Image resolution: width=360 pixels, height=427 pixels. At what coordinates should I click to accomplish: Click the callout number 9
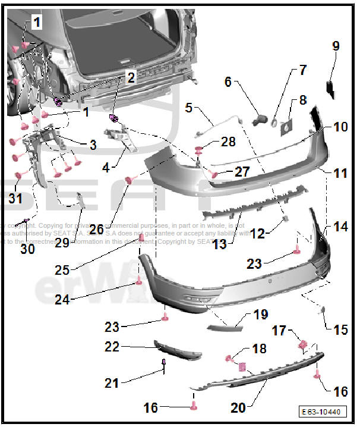(336, 45)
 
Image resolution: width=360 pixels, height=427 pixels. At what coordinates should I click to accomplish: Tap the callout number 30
(27, 250)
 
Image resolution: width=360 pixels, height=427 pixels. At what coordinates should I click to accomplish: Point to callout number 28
(228, 142)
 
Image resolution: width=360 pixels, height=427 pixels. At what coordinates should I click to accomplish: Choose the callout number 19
(261, 314)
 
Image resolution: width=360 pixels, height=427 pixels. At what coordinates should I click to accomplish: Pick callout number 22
(112, 347)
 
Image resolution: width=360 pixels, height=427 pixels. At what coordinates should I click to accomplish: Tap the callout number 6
(228, 82)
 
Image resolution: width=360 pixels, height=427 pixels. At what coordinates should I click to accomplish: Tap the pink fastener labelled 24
(138, 281)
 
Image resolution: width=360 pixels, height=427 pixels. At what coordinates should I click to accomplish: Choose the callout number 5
(189, 108)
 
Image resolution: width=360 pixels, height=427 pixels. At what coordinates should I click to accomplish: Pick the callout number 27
(242, 171)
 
